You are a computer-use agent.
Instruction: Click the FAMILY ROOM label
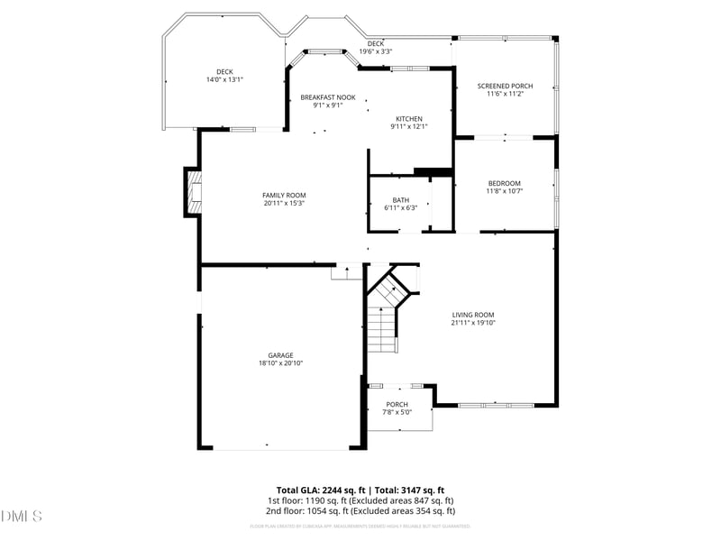[x=284, y=196]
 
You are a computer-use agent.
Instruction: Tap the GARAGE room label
[x=280, y=355]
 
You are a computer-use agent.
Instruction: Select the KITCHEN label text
[x=409, y=119]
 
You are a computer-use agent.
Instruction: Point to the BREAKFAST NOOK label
[x=328, y=97]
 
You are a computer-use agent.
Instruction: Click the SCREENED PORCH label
[x=506, y=87]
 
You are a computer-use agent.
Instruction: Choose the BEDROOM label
[x=505, y=183]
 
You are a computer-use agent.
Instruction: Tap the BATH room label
[x=400, y=200]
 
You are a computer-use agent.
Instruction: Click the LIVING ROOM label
[x=474, y=315]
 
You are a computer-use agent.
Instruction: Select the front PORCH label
[x=397, y=404]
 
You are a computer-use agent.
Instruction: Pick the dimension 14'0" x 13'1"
[x=225, y=79]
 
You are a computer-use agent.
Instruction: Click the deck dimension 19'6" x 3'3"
[x=376, y=51]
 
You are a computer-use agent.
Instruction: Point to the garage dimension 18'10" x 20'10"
[x=280, y=363]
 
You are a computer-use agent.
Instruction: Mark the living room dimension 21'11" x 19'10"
[x=474, y=323]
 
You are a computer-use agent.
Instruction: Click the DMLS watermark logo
[x=22, y=517]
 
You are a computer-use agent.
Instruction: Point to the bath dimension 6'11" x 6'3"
[x=400, y=208]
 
